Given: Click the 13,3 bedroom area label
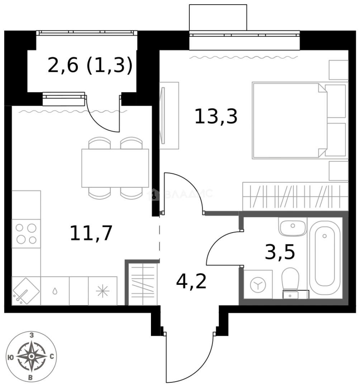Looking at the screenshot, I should click(216, 117).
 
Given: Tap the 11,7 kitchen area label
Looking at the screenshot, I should click(91, 233).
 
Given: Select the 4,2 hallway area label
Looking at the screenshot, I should click(191, 282).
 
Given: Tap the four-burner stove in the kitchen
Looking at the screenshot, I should click(26, 234).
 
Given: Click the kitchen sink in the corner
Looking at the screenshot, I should click(26, 291).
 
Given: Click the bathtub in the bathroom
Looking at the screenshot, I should click(325, 254).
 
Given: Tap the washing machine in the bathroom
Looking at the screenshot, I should click(258, 285).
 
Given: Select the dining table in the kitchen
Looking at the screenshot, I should click(115, 168).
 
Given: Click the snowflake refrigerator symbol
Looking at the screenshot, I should click(103, 291).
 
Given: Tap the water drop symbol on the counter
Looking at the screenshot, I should click(55, 291).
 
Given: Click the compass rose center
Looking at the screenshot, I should click(32, 356).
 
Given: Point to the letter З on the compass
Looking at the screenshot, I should click(32, 335).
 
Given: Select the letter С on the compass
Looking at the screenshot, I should click(52, 356).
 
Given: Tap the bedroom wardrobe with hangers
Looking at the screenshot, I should click(295, 196).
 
